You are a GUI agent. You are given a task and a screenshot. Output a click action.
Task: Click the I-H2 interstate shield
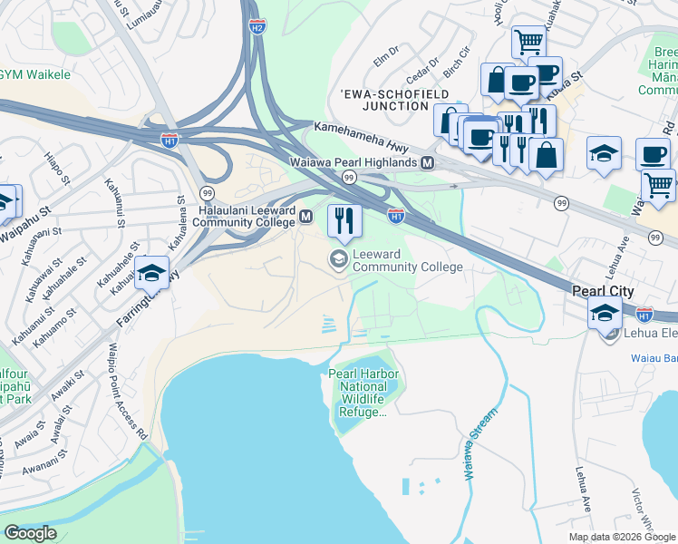pyautogui.click(x=257, y=28)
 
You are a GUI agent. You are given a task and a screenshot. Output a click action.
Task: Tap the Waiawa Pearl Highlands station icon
pyautogui.click(x=427, y=162)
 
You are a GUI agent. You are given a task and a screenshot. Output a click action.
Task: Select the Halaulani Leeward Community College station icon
pyautogui.click(x=306, y=217)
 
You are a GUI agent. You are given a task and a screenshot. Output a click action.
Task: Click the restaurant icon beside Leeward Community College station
pyautogui.click(x=344, y=219)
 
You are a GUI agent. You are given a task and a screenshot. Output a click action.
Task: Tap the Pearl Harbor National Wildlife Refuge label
pyautogui.click(x=362, y=393)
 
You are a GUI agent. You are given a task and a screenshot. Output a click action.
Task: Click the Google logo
pyautogui.click(x=30, y=532)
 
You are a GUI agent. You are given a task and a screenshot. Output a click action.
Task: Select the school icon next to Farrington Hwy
pyautogui.click(x=152, y=273)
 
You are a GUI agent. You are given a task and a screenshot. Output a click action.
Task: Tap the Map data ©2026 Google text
pyautogui.click(x=621, y=537)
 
